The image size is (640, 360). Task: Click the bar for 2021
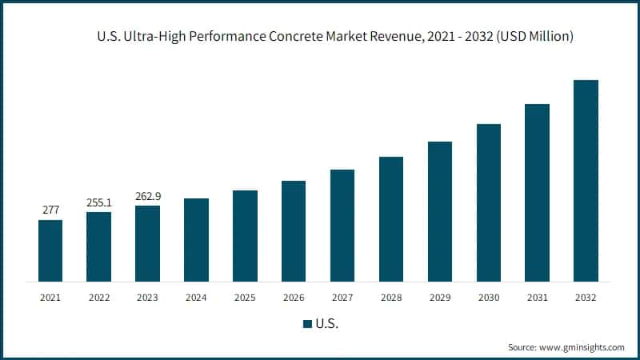pyautogui.click(x=50, y=250)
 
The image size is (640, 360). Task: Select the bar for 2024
pyautogui.click(x=196, y=240)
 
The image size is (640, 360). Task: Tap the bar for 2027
pyautogui.click(x=342, y=226)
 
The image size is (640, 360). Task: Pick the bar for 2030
pyautogui.click(x=489, y=202)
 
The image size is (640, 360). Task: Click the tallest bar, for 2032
pyautogui.click(x=586, y=181)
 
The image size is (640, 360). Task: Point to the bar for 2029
pyautogui.click(x=440, y=211)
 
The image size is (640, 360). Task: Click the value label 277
pyautogui.click(x=50, y=210)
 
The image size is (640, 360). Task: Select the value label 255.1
pyautogui.click(x=99, y=202)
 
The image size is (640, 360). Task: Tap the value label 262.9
pyautogui.click(x=148, y=195)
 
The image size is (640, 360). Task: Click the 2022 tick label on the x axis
pyautogui.click(x=99, y=297)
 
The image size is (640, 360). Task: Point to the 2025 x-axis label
pyautogui.click(x=245, y=297)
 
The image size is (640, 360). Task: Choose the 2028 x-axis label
pyautogui.click(x=391, y=297)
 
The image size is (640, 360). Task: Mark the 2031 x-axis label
pyautogui.click(x=537, y=297)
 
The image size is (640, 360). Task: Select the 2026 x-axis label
pyautogui.click(x=294, y=297)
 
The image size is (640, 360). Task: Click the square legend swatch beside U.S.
pyautogui.click(x=307, y=324)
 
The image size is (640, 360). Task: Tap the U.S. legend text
pyautogui.click(x=328, y=324)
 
